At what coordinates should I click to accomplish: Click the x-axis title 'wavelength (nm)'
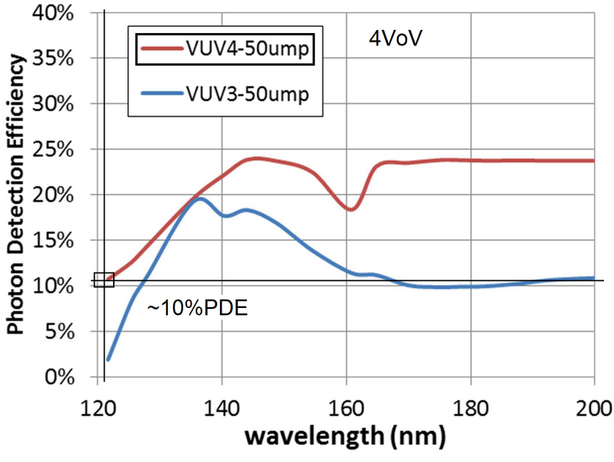coord(345,437)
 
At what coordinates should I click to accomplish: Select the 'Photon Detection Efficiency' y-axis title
coord(15,196)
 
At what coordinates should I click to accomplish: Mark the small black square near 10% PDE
coord(104,280)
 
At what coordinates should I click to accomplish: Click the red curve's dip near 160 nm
coord(351,209)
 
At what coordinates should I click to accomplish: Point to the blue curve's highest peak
coord(199,199)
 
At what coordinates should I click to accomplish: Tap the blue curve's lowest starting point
coord(108,359)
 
